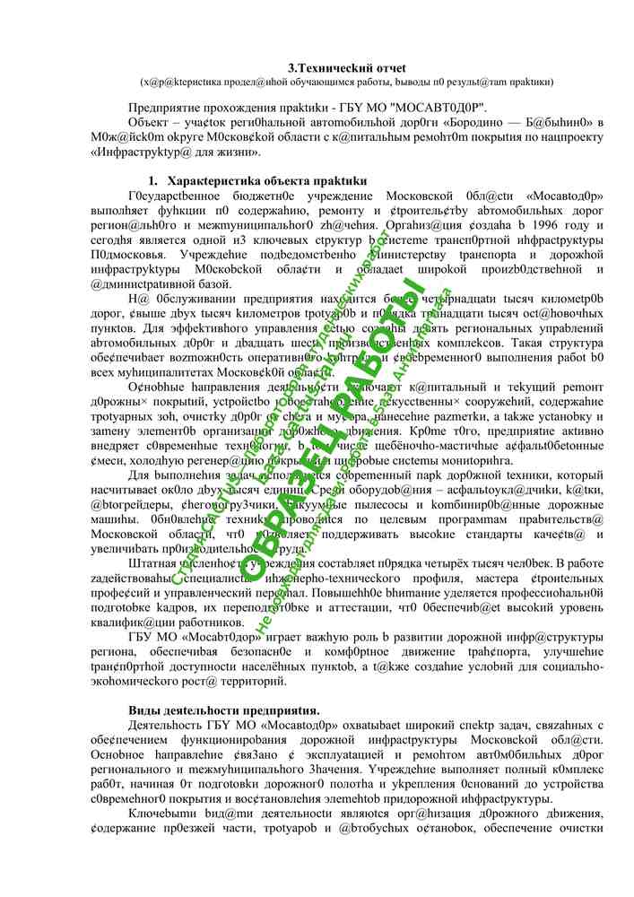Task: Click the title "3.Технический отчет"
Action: (347, 67)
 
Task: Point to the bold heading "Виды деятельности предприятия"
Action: (223, 710)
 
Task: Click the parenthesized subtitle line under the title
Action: (347, 82)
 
